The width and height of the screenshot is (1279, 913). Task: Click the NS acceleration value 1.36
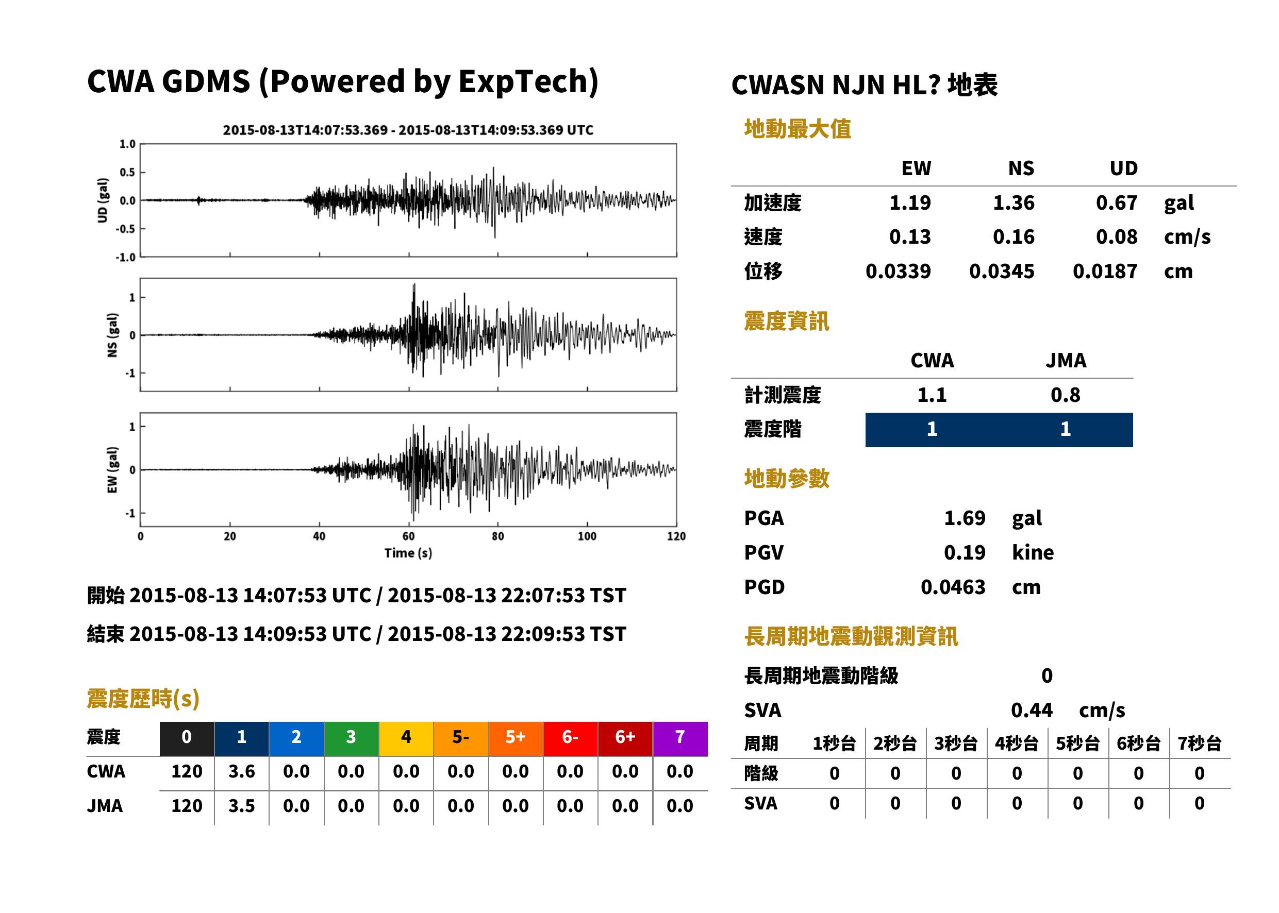[x=1013, y=203]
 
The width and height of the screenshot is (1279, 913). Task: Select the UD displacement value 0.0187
[x=1105, y=272]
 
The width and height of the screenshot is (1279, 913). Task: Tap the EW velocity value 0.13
[x=909, y=237]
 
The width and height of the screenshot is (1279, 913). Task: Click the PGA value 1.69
[x=964, y=518]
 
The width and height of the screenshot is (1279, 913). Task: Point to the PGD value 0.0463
[x=953, y=587]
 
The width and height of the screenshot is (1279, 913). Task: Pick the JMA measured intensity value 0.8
[x=1065, y=395]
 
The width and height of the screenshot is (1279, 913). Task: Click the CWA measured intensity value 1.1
[x=932, y=395]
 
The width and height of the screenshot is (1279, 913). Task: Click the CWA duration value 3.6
[x=241, y=771]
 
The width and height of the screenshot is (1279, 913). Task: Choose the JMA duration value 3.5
[x=241, y=806]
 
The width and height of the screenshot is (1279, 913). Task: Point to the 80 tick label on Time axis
[x=498, y=536]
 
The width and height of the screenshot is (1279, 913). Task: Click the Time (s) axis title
[x=408, y=553]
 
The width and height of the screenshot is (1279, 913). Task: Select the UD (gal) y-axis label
[x=103, y=201]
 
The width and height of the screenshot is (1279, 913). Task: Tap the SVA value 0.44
[x=1032, y=711]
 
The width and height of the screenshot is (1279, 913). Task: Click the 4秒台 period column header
[x=1016, y=744]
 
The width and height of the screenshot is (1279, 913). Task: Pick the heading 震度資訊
[x=786, y=322]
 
